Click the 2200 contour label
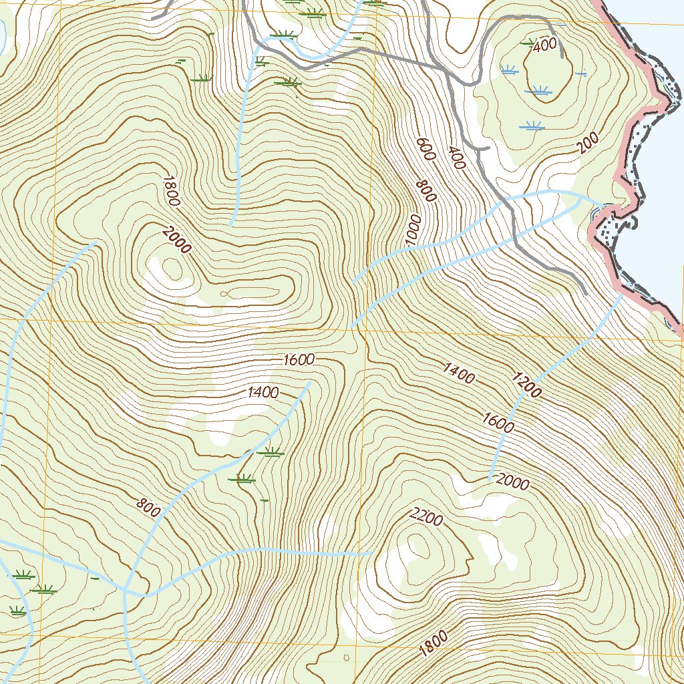(x=425, y=517)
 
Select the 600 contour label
(x=425, y=148)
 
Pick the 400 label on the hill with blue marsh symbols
(x=546, y=45)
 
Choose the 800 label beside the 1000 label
(x=425, y=190)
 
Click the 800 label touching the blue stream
(x=148, y=509)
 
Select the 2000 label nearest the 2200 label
(x=513, y=483)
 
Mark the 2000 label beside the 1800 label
(x=176, y=240)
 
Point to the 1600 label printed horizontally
(x=299, y=360)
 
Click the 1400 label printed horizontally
(x=263, y=393)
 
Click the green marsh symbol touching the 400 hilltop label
(x=528, y=43)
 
